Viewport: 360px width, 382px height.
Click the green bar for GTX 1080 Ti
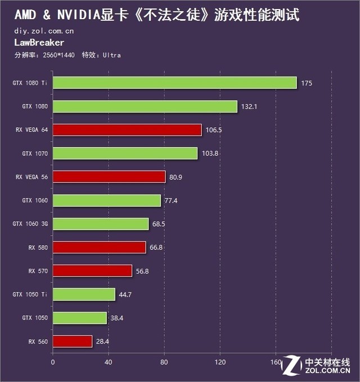(x=174, y=83)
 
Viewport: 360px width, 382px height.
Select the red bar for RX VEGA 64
(x=127, y=130)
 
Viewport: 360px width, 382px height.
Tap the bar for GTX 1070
(x=125, y=153)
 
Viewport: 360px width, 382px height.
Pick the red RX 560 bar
(x=72, y=341)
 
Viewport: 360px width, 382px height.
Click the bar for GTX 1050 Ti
(x=84, y=294)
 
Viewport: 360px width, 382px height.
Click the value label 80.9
(x=175, y=177)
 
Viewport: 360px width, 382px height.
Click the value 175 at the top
(x=306, y=83)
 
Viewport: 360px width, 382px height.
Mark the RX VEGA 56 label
(x=32, y=177)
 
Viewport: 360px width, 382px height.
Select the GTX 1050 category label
(x=35, y=318)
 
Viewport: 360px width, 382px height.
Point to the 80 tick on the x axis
(x=164, y=362)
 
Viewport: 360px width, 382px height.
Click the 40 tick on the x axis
(x=109, y=362)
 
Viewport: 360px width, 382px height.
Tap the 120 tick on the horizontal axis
(x=220, y=362)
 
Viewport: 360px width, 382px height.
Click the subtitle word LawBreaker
(x=39, y=43)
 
